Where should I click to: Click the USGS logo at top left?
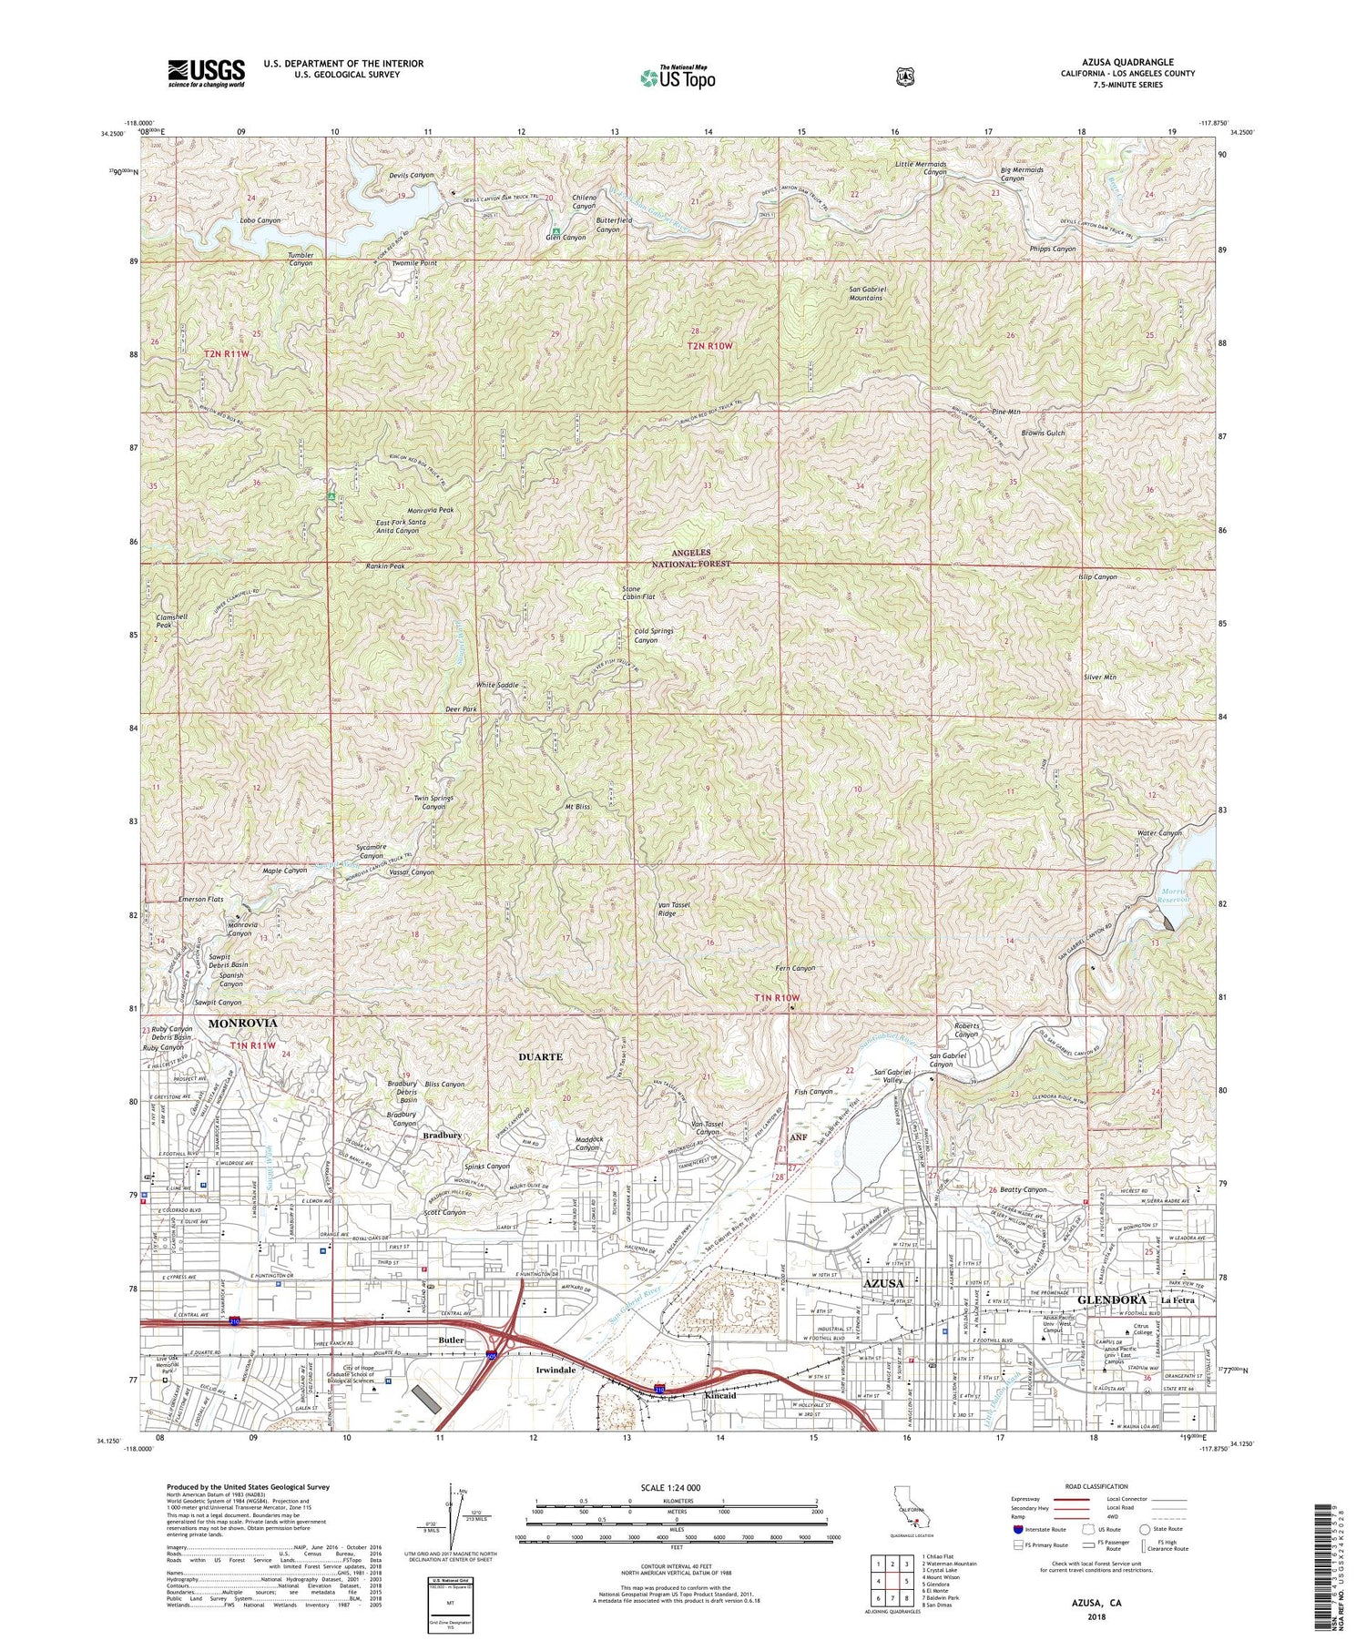(x=206, y=73)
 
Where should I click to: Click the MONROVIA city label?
(x=242, y=1024)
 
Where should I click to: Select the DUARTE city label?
(x=540, y=1056)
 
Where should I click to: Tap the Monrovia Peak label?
(x=430, y=510)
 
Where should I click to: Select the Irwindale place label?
(x=548, y=1370)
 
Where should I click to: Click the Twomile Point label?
(x=413, y=262)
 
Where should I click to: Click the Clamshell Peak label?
(x=164, y=621)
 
